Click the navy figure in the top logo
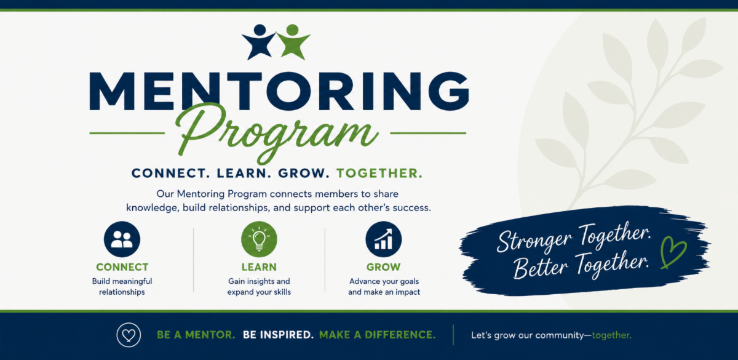tap(260, 42)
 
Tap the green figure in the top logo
tap(293, 42)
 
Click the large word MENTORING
tap(279, 91)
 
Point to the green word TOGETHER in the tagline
tap(379, 173)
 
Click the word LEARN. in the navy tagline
tap(244, 173)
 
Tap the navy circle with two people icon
tap(122, 239)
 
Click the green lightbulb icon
tap(259, 239)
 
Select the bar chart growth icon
tap(384, 239)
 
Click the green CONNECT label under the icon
tap(122, 267)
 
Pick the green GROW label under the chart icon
tap(384, 267)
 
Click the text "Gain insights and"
tap(259, 281)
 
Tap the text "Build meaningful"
tap(122, 281)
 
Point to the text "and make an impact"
tap(384, 292)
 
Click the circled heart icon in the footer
tap(129, 335)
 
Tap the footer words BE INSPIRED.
tap(278, 335)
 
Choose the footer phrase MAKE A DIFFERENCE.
tap(377, 335)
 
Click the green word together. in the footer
tap(611, 335)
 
